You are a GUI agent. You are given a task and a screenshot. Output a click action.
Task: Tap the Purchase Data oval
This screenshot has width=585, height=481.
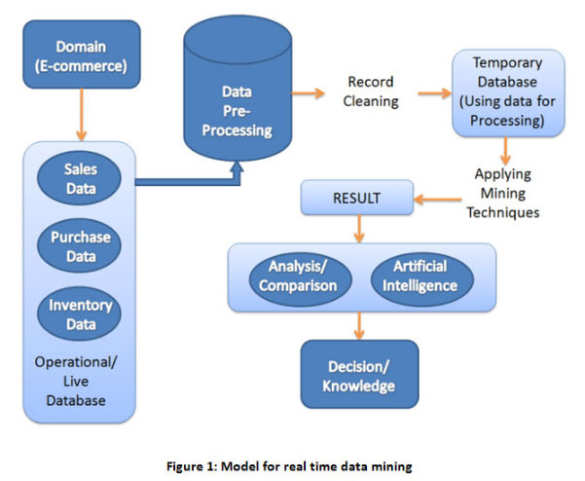(80, 245)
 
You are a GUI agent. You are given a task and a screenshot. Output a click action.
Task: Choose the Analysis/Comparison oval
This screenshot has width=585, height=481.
(298, 277)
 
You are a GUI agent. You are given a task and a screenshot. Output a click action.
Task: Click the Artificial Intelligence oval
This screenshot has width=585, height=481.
(420, 277)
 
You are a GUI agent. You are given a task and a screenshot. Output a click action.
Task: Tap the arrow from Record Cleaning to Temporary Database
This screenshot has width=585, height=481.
(434, 93)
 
